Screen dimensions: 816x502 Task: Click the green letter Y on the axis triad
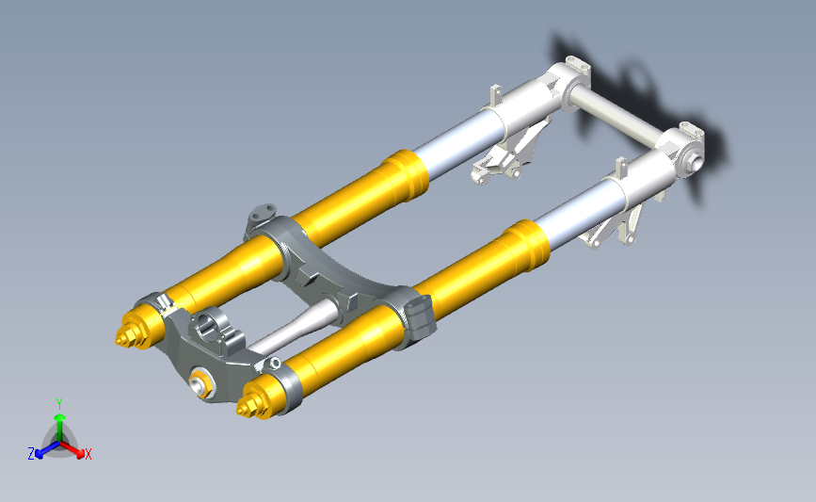click(x=59, y=404)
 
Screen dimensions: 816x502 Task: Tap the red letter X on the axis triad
click(x=88, y=454)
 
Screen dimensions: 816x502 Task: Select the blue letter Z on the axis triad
click(x=31, y=454)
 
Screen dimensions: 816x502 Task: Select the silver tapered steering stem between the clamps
click(x=294, y=327)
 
